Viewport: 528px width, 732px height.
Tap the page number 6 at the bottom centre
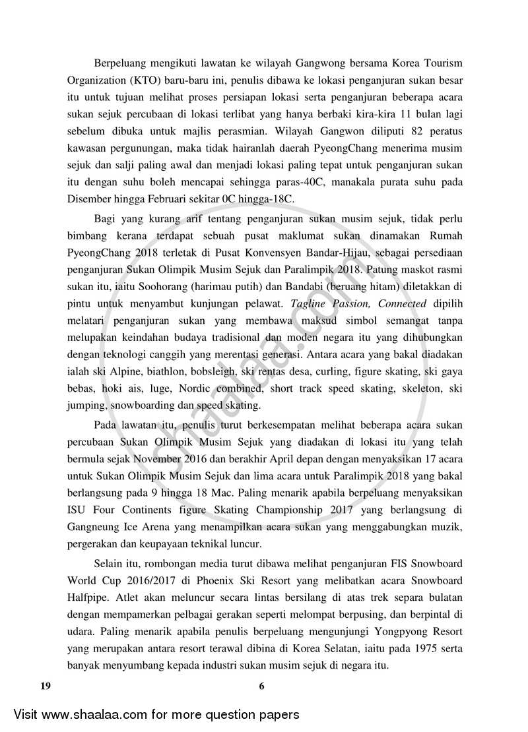click(x=262, y=686)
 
